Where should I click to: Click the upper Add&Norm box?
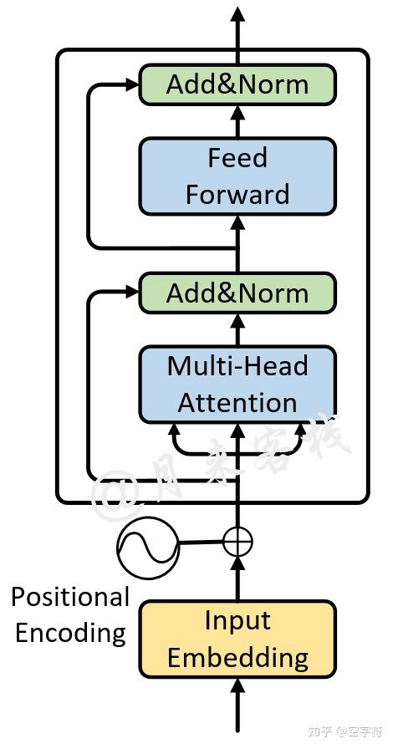pos(237,85)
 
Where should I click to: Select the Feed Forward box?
pos(237,176)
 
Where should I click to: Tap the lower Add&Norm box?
pos(237,293)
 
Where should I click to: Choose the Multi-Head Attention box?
pos(237,384)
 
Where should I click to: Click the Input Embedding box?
pos(237,639)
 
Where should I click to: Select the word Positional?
pos(70,597)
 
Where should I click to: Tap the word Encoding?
pos(70,633)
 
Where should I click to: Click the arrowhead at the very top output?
pos(238,14)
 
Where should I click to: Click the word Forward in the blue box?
pos(237,194)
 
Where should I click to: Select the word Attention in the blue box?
pos(237,402)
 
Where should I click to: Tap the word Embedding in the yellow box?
pos(237,657)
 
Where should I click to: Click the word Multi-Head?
pos(237,366)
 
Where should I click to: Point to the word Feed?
pos(237,158)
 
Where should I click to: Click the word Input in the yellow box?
pos(237,621)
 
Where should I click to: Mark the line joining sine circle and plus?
pos(202,544)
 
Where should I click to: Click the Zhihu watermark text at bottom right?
pos(345,732)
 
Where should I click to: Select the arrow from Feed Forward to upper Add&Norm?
pos(238,120)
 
